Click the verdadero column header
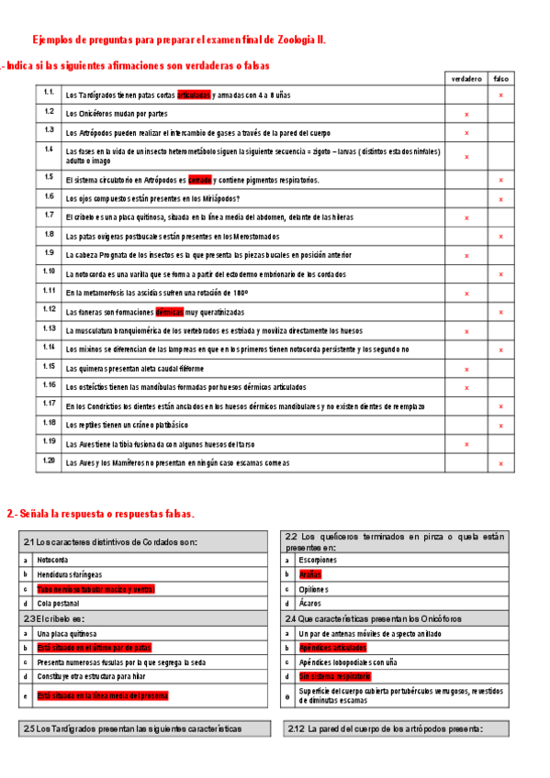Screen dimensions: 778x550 466,79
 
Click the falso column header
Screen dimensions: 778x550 501,79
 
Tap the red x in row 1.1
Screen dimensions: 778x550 501,95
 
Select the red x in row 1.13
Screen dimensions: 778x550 466,331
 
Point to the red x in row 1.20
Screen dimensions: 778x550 501,464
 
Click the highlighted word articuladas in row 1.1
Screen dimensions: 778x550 193,95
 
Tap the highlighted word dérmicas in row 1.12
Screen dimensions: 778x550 169,312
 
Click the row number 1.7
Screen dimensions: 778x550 49,215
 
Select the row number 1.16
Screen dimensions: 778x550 49,385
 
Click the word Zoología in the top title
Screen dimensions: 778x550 291,40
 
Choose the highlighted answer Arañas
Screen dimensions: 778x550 310,573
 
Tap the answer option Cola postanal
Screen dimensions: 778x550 58,603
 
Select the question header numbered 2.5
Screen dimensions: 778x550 132,728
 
